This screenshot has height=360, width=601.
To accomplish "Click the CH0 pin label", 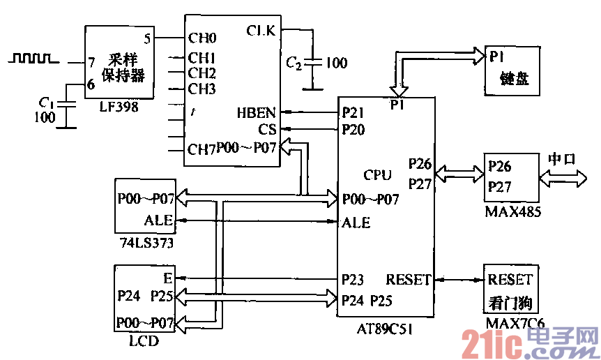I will coord(202,38).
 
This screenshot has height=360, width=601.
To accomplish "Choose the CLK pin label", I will coord(261,30).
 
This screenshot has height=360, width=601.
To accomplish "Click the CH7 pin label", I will coord(201,148).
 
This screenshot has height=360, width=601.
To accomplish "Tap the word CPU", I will coord(378,174).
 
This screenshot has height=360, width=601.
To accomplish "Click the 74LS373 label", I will coord(146,243).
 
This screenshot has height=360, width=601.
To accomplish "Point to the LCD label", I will coord(144,341).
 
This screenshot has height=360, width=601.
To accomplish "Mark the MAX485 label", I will coord(512,209).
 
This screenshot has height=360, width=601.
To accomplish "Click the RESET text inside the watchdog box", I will coord(510,280).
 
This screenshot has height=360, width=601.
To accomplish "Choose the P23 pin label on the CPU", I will coord(354,280).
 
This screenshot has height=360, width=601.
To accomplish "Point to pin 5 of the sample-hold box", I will coord(147,38).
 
